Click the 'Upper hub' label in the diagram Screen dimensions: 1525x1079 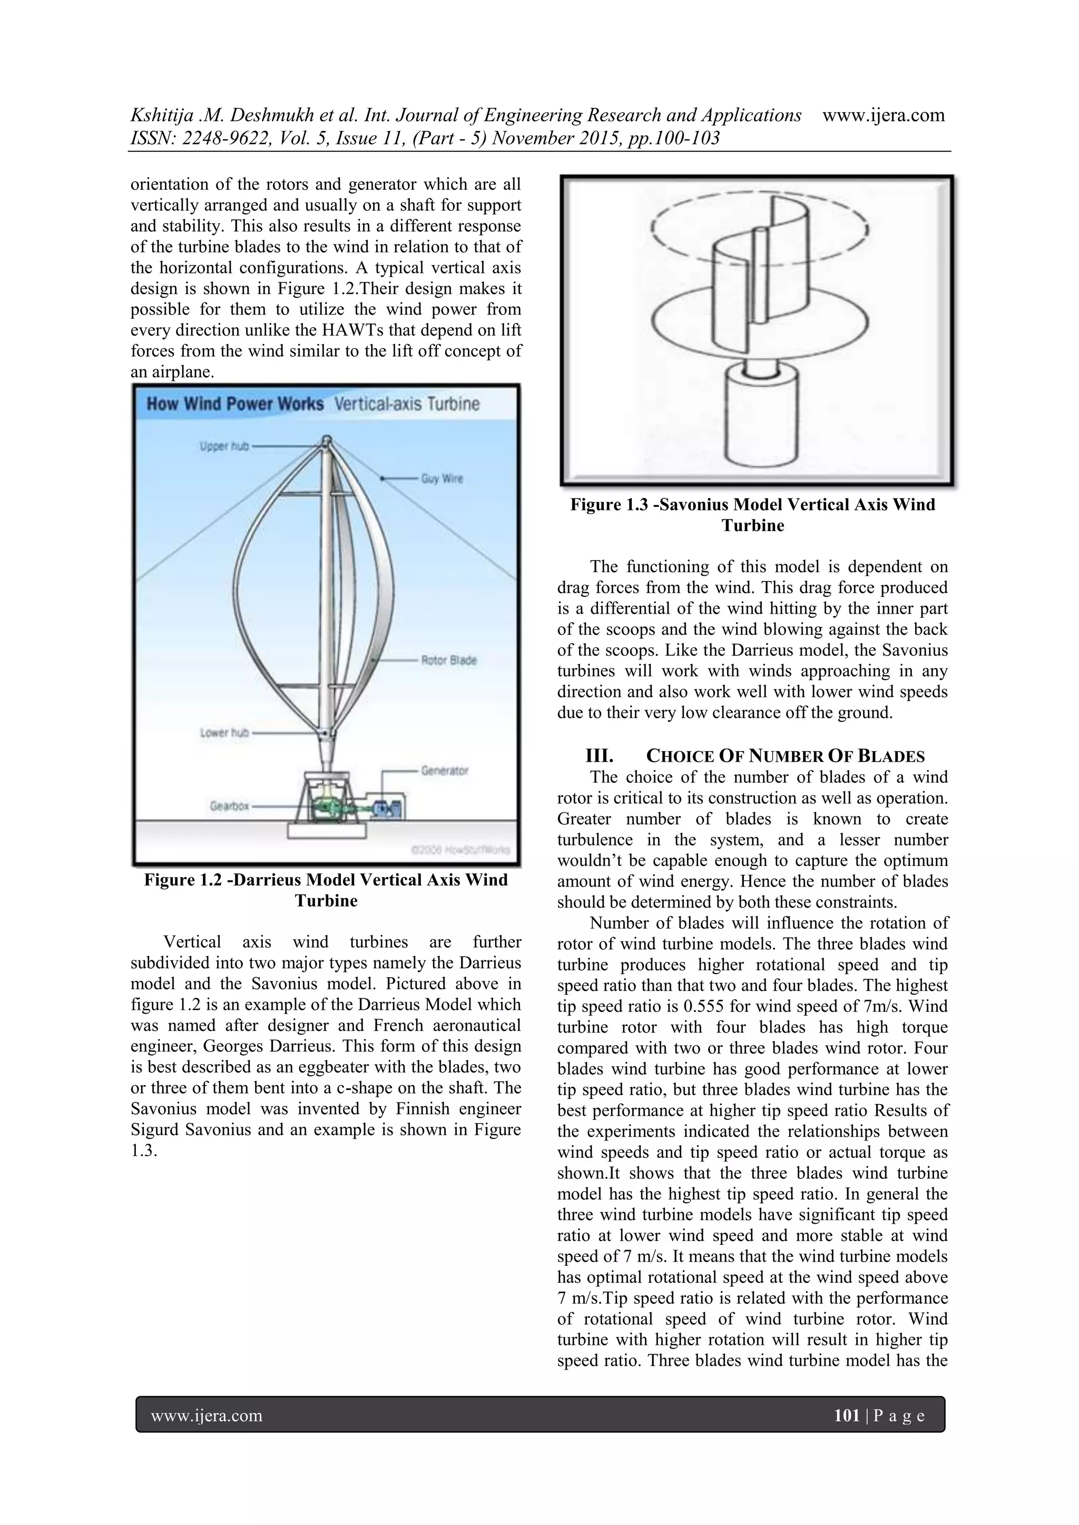(224, 446)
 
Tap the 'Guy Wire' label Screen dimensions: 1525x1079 (442, 478)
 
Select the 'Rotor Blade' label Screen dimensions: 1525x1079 (448, 660)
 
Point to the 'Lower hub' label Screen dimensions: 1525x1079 (224, 733)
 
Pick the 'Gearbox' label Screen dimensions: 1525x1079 (229, 805)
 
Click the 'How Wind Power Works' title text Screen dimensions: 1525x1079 (234, 404)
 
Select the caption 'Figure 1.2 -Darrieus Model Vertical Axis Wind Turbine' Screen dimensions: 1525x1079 (326, 890)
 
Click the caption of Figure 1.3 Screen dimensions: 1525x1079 (753, 515)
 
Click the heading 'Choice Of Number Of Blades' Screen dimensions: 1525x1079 (786, 756)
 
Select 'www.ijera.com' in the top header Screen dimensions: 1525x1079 (884, 115)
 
